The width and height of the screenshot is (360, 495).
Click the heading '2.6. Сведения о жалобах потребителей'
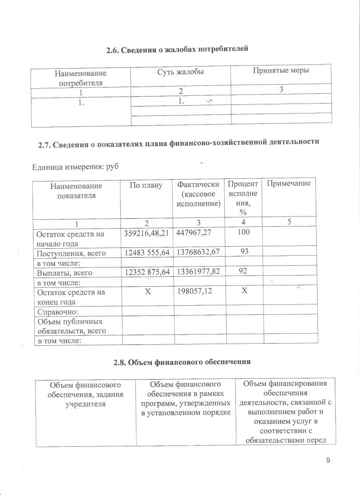coord(177,50)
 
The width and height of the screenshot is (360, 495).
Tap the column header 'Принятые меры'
coord(281,70)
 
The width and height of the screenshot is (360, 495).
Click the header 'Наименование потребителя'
coord(80,78)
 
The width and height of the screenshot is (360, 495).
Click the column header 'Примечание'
coord(289,183)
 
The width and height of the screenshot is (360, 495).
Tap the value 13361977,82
coord(199,273)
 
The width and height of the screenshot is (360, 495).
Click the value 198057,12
coord(195,292)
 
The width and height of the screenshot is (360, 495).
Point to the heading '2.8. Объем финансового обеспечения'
coord(182,363)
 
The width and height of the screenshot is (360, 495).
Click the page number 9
coord(328,461)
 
